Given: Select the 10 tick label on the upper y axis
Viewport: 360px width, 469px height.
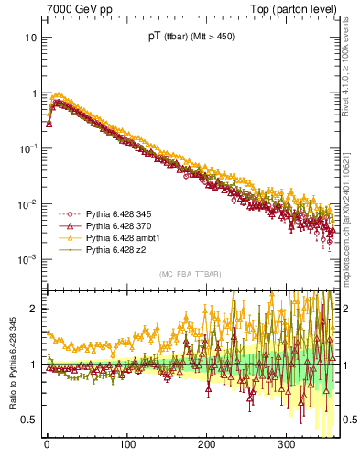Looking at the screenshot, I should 30,38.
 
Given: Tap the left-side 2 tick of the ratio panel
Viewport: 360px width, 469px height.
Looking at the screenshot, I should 34,310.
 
